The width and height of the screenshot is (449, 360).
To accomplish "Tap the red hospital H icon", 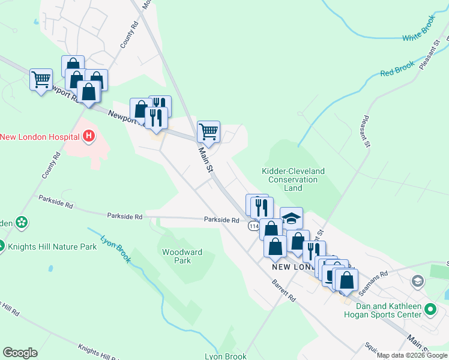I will pyautogui.click(x=89, y=137).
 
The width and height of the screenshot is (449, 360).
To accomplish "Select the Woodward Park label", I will pyautogui.click(x=182, y=256).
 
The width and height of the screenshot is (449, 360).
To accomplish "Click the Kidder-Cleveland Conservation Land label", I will pyautogui.click(x=293, y=179).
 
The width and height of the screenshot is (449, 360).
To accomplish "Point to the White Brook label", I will pyautogui.click(x=419, y=37).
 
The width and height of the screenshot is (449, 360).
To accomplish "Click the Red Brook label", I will pyautogui.click(x=397, y=70).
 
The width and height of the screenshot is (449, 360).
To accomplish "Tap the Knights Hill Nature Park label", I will pyautogui.click(x=52, y=246).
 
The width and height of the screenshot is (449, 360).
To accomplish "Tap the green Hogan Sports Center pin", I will pyautogui.click(x=430, y=310).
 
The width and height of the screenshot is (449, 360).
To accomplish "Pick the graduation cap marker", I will pyautogui.click(x=291, y=218).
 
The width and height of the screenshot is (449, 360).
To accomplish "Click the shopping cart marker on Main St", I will pyautogui.click(x=208, y=131).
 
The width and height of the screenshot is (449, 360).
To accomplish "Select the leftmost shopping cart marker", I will pyautogui.click(x=41, y=79).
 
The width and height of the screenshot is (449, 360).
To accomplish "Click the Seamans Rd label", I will pyautogui.click(x=373, y=281).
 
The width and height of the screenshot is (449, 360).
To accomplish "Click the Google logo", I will pyautogui.click(x=20, y=353).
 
